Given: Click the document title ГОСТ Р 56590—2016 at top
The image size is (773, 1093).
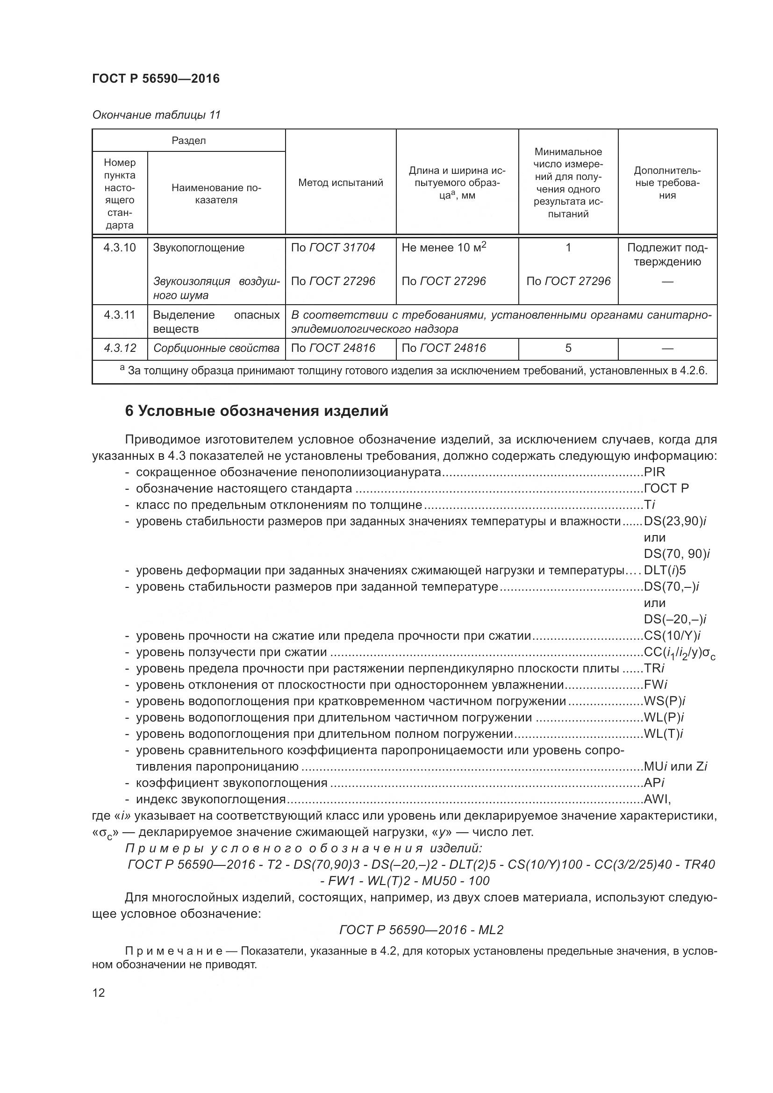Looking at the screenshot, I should click(156, 79).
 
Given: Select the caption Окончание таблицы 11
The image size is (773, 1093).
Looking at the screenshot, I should click(156, 115).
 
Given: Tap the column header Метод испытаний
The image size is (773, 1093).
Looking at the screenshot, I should click(340, 183).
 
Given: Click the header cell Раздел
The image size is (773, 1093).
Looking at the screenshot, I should click(188, 141).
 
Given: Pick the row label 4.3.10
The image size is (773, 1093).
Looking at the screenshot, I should click(120, 248).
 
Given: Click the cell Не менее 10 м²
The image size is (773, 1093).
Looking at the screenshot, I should click(444, 247).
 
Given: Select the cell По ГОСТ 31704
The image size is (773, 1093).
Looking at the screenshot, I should click(333, 248).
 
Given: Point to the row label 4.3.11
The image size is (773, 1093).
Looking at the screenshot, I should click(120, 314).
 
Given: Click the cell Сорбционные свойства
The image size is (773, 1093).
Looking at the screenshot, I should click(216, 348).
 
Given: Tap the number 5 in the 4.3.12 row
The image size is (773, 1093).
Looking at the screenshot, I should click(568, 348).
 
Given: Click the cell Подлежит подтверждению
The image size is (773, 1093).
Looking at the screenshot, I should click(667, 254).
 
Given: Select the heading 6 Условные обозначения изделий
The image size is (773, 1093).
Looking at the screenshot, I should click(257, 411).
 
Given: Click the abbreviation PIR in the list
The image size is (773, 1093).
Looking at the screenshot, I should click(654, 472).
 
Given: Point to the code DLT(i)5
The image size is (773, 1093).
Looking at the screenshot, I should click(665, 570).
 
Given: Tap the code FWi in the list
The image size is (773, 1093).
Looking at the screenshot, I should click(655, 685).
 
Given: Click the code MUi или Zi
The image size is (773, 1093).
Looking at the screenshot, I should click(675, 766).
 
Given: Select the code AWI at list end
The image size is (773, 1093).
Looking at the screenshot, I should click(657, 799).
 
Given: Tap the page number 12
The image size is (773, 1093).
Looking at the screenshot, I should click(99, 993).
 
